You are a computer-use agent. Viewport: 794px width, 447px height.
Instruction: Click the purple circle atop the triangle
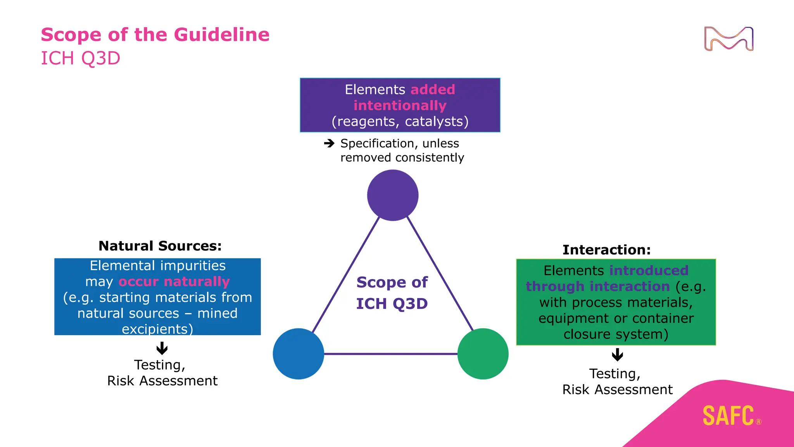click(393, 195)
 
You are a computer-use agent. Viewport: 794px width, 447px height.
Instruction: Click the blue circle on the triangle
click(299, 353)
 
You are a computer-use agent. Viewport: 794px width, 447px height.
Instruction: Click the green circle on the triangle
click(483, 353)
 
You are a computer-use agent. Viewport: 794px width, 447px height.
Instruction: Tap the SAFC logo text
click(728, 416)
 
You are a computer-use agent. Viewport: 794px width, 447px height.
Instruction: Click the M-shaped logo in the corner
click(728, 39)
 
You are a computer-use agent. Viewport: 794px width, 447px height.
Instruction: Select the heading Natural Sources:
click(160, 246)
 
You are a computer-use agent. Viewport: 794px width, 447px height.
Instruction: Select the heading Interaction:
click(607, 250)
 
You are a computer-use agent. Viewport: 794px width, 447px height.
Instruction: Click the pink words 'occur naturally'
click(174, 281)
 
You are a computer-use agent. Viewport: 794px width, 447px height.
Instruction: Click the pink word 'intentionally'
click(400, 106)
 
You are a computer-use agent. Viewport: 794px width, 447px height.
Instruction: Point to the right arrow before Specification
click(329, 144)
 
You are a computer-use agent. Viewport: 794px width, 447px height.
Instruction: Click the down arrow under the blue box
click(162, 348)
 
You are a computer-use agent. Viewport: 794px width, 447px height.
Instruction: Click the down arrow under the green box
click(617, 354)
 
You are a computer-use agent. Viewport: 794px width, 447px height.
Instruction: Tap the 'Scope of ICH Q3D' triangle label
click(392, 293)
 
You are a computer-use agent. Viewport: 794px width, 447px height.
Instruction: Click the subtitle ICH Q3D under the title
click(81, 59)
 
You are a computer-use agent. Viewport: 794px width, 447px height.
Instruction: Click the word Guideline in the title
click(221, 35)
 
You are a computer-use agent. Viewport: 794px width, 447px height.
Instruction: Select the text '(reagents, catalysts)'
click(400, 121)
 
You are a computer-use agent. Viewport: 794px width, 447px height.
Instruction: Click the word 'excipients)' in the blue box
click(157, 329)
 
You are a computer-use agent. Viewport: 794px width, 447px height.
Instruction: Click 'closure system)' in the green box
click(616, 334)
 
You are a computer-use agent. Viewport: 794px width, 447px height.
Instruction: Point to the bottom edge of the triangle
click(391, 354)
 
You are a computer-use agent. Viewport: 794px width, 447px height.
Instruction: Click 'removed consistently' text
click(402, 158)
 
